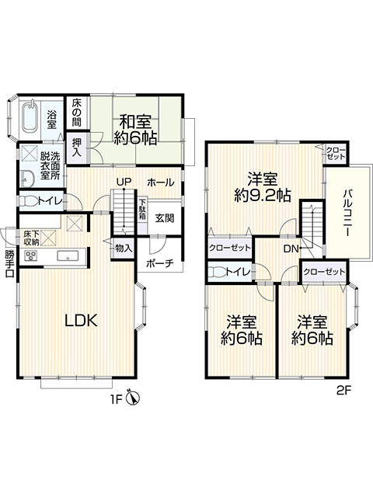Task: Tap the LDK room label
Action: click(81, 321)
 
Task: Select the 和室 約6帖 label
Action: click(135, 130)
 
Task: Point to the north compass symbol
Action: click(134, 398)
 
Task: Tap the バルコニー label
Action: click(349, 213)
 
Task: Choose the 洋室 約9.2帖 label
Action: click(263, 187)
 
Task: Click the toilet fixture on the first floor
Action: click(28, 201)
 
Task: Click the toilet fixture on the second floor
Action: click(218, 272)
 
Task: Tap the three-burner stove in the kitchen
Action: click(31, 255)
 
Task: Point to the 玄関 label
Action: click(165, 218)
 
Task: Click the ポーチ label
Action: click(160, 263)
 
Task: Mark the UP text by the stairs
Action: click(124, 182)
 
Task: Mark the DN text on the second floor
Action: click(291, 248)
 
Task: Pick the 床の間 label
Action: click(76, 112)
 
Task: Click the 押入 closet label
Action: click(77, 148)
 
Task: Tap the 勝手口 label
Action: click(10, 264)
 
